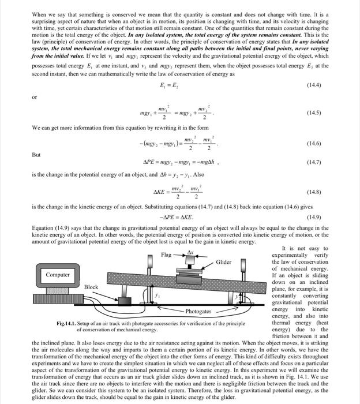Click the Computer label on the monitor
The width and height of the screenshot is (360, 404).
pos(58,275)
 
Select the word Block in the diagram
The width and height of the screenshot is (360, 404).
pos(91,287)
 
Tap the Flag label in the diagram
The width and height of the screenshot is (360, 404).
pos(166,255)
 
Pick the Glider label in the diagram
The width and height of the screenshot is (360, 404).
pos(223,262)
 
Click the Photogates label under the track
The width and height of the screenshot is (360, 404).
pos(197,312)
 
